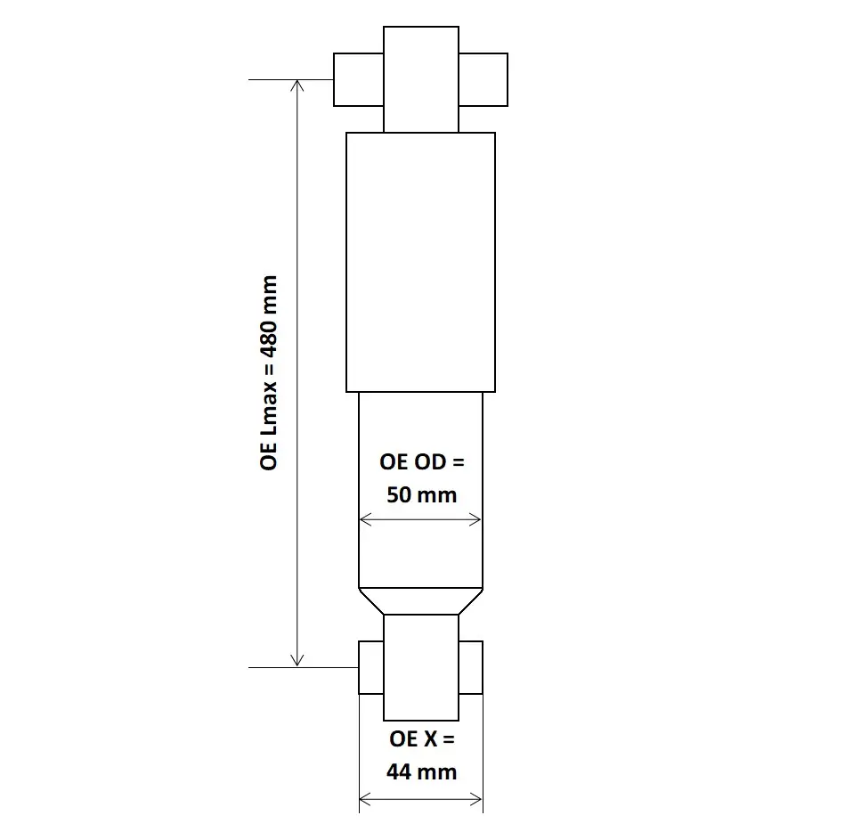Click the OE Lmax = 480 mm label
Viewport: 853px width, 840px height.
(x=269, y=372)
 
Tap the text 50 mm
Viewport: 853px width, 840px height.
(x=421, y=494)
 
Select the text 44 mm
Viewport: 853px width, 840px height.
(x=421, y=771)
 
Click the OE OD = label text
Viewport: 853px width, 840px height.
(x=421, y=462)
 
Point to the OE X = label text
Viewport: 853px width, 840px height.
(x=421, y=740)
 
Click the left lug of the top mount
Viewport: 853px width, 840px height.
(x=358, y=79)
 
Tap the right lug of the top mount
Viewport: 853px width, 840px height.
(x=483, y=79)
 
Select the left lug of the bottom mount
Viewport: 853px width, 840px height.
(x=370, y=667)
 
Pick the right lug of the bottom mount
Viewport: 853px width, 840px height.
(x=471, y=667)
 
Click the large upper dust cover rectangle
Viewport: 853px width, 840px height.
(x=420, y=262)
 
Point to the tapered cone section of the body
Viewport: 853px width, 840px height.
(x=420, y=601)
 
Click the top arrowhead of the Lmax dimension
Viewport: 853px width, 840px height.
(x=297, y=86)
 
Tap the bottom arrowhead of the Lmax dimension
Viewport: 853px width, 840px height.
(x=297, y=660)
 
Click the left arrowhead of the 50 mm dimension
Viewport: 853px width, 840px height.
(x=363, y=520)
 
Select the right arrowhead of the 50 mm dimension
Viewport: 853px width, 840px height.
(x=476, y=520)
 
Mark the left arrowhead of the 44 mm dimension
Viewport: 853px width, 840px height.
(x=364, y=798)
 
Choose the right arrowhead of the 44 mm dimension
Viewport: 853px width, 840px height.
(x=476, y=798)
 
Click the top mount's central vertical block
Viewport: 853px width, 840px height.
(x=421, y=79)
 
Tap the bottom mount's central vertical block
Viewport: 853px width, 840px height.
(x=421, y=667)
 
